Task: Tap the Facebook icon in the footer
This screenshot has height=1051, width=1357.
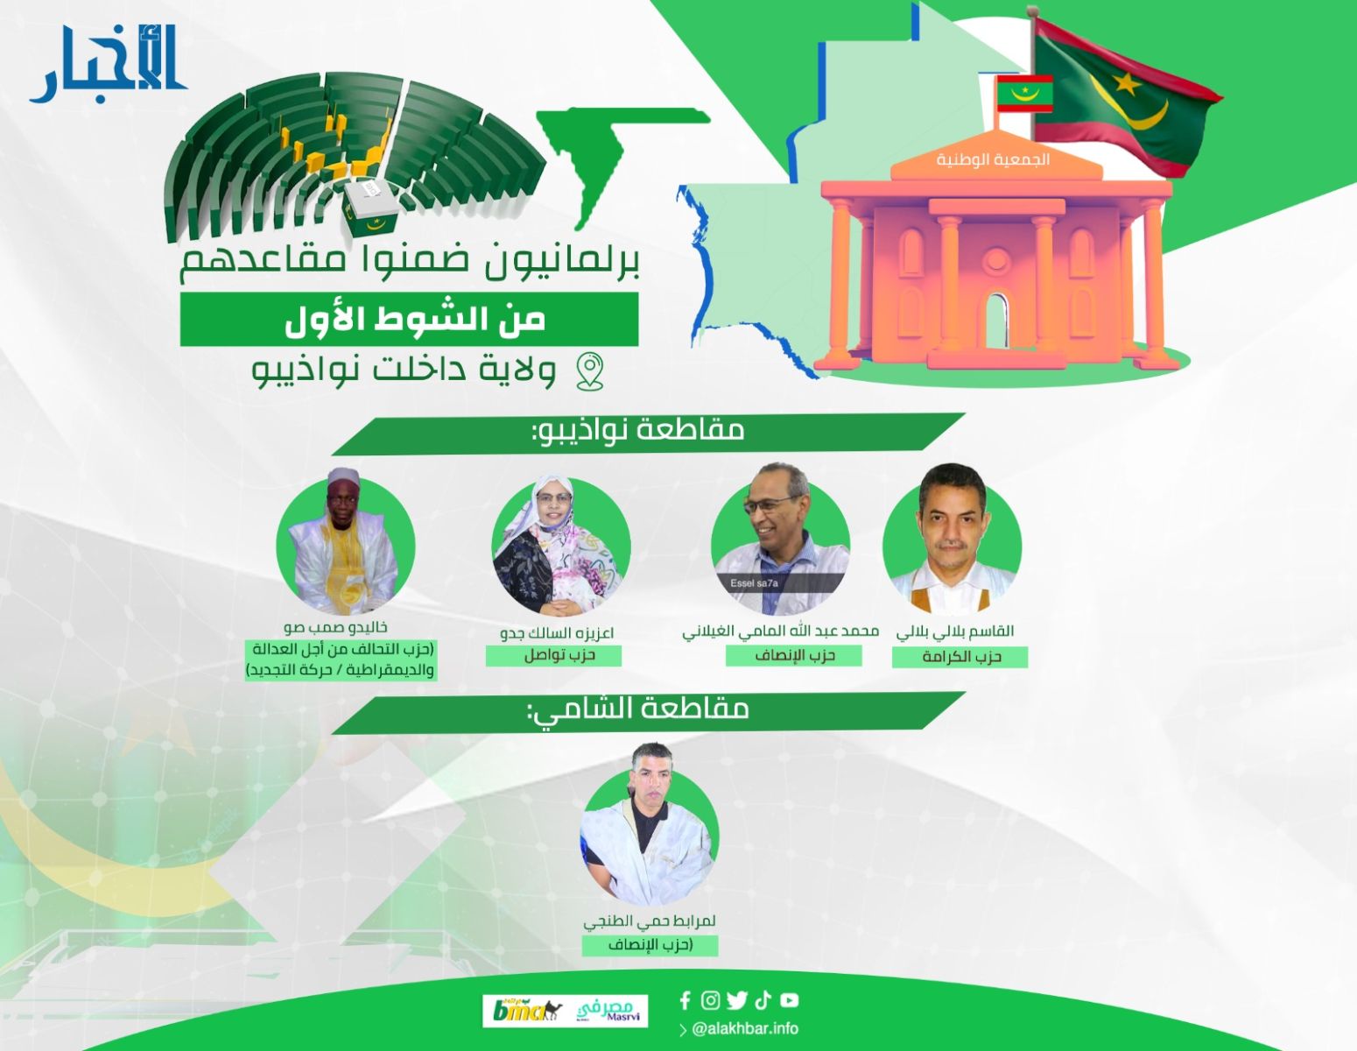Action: (685, 1000)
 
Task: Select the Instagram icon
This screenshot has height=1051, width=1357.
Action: (710, 1000)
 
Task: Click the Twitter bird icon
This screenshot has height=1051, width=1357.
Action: (737, 1000)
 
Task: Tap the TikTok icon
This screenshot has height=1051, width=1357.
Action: (763, 1000)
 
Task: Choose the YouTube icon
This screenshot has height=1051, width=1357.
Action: (790, 1000)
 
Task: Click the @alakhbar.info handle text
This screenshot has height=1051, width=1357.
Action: (745, 1028)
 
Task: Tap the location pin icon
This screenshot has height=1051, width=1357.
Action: (589, 371)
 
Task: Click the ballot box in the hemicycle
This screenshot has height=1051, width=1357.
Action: (371, 207)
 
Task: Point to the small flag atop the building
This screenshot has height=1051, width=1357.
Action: (1024, 94)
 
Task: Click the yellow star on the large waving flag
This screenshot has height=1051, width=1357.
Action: (1127, 83)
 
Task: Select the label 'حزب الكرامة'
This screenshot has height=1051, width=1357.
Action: (960, 657)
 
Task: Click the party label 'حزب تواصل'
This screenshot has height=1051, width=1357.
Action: (553, 656)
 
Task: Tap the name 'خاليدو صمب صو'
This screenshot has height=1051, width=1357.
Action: (335, 627)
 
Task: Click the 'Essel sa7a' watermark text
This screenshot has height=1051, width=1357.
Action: (754, 583)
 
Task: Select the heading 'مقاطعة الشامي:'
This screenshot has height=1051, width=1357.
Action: (637, 709)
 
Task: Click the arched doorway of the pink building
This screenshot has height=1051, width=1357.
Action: (996, 321)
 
